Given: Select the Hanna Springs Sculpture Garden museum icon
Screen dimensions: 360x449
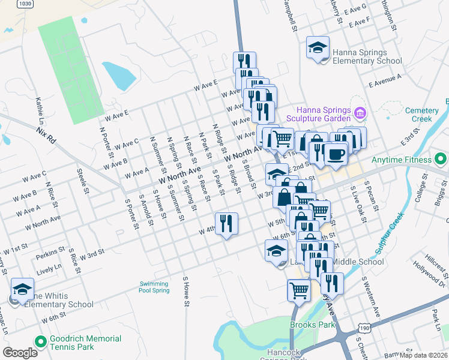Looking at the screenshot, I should (360, 112).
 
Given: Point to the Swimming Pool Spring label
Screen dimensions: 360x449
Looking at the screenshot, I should (154, 287).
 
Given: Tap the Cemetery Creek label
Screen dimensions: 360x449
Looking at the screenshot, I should (426, 115).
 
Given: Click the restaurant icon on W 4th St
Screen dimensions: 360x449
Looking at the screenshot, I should (226, 224).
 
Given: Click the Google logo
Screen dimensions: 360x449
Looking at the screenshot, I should (20, 352).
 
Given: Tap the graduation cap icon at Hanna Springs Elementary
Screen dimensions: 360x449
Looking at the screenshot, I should (318, 48).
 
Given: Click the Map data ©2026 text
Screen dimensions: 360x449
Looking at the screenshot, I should (424, 355).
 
